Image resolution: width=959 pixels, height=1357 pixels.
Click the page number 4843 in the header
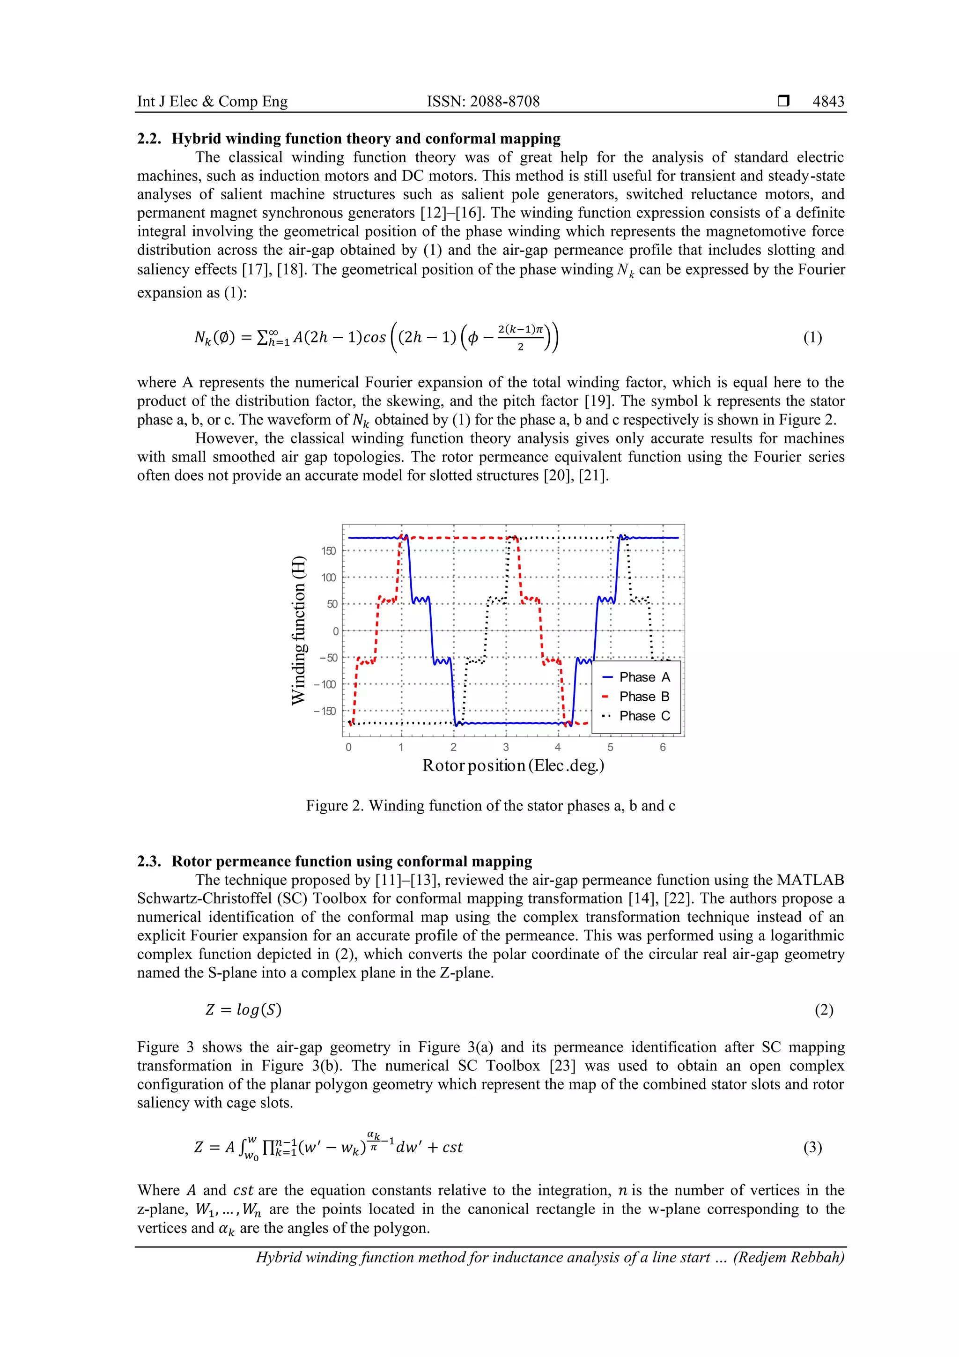pos(828,101)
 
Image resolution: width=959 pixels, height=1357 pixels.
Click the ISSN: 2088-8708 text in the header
pos(483,101)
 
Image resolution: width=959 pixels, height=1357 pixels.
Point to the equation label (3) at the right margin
pos(812,1147)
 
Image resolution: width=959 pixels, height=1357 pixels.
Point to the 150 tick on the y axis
pos(329,551)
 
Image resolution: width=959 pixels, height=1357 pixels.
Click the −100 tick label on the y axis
pos(325,684)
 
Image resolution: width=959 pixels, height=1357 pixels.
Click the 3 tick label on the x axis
pos(506,748)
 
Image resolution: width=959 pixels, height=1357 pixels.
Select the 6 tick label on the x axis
pos(663,748)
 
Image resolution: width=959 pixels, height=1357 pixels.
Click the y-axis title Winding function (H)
pos(299,630)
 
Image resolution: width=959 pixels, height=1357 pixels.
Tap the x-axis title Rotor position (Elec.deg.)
pos(513,766)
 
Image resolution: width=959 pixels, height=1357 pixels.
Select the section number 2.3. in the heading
pos(149,861)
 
